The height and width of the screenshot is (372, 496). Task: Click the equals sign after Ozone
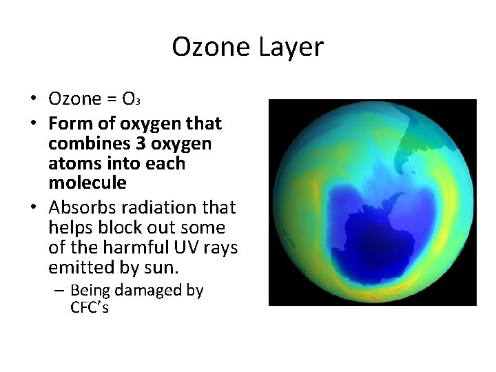111,99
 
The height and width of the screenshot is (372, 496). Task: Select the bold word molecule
87,183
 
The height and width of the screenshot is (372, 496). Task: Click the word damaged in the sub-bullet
145,291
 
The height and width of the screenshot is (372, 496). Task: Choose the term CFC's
90,307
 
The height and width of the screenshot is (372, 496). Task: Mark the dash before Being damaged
59,291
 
